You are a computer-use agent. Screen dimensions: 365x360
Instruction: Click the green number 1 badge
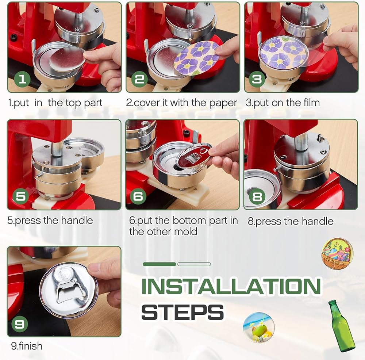tap(22, 79)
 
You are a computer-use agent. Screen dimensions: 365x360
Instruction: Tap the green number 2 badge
tap(140, 79)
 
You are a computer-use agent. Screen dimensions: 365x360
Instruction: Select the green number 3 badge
tap(257, 79)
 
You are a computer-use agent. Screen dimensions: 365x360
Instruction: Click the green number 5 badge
tap(20, 196)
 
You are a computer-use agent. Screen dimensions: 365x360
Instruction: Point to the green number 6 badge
tap(138, 196)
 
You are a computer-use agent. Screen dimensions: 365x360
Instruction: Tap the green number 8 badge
tap(257, 197)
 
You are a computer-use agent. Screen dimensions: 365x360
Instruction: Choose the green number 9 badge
tap(20, 324)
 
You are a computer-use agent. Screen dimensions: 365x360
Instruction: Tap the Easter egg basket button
tap(337, 254)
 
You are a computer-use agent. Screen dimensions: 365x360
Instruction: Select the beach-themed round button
tap(259, 328)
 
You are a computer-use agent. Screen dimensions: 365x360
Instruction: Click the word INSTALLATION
tap(231, 286)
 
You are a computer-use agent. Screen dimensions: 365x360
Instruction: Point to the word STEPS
tap(183, 312)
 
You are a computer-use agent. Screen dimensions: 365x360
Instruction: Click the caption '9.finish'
tap(27, 346)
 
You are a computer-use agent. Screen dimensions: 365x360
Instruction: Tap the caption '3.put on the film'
tap(283, 103)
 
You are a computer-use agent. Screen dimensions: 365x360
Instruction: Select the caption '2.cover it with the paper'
tap(181, 103)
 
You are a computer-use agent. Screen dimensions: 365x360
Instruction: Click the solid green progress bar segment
tap(160, 264)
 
